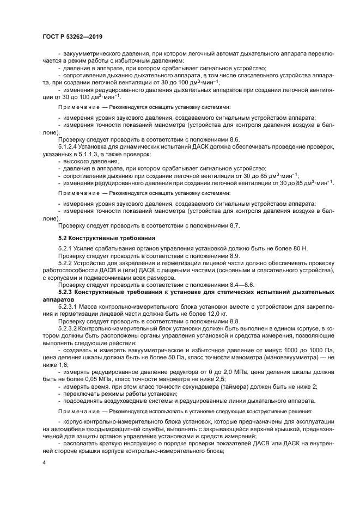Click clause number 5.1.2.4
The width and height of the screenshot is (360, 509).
pos(70,147)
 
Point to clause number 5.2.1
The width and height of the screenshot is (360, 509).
pos(65,248)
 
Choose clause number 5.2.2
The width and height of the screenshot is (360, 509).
pos(65,262)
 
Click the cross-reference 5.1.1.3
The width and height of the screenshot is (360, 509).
pos(88,154)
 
